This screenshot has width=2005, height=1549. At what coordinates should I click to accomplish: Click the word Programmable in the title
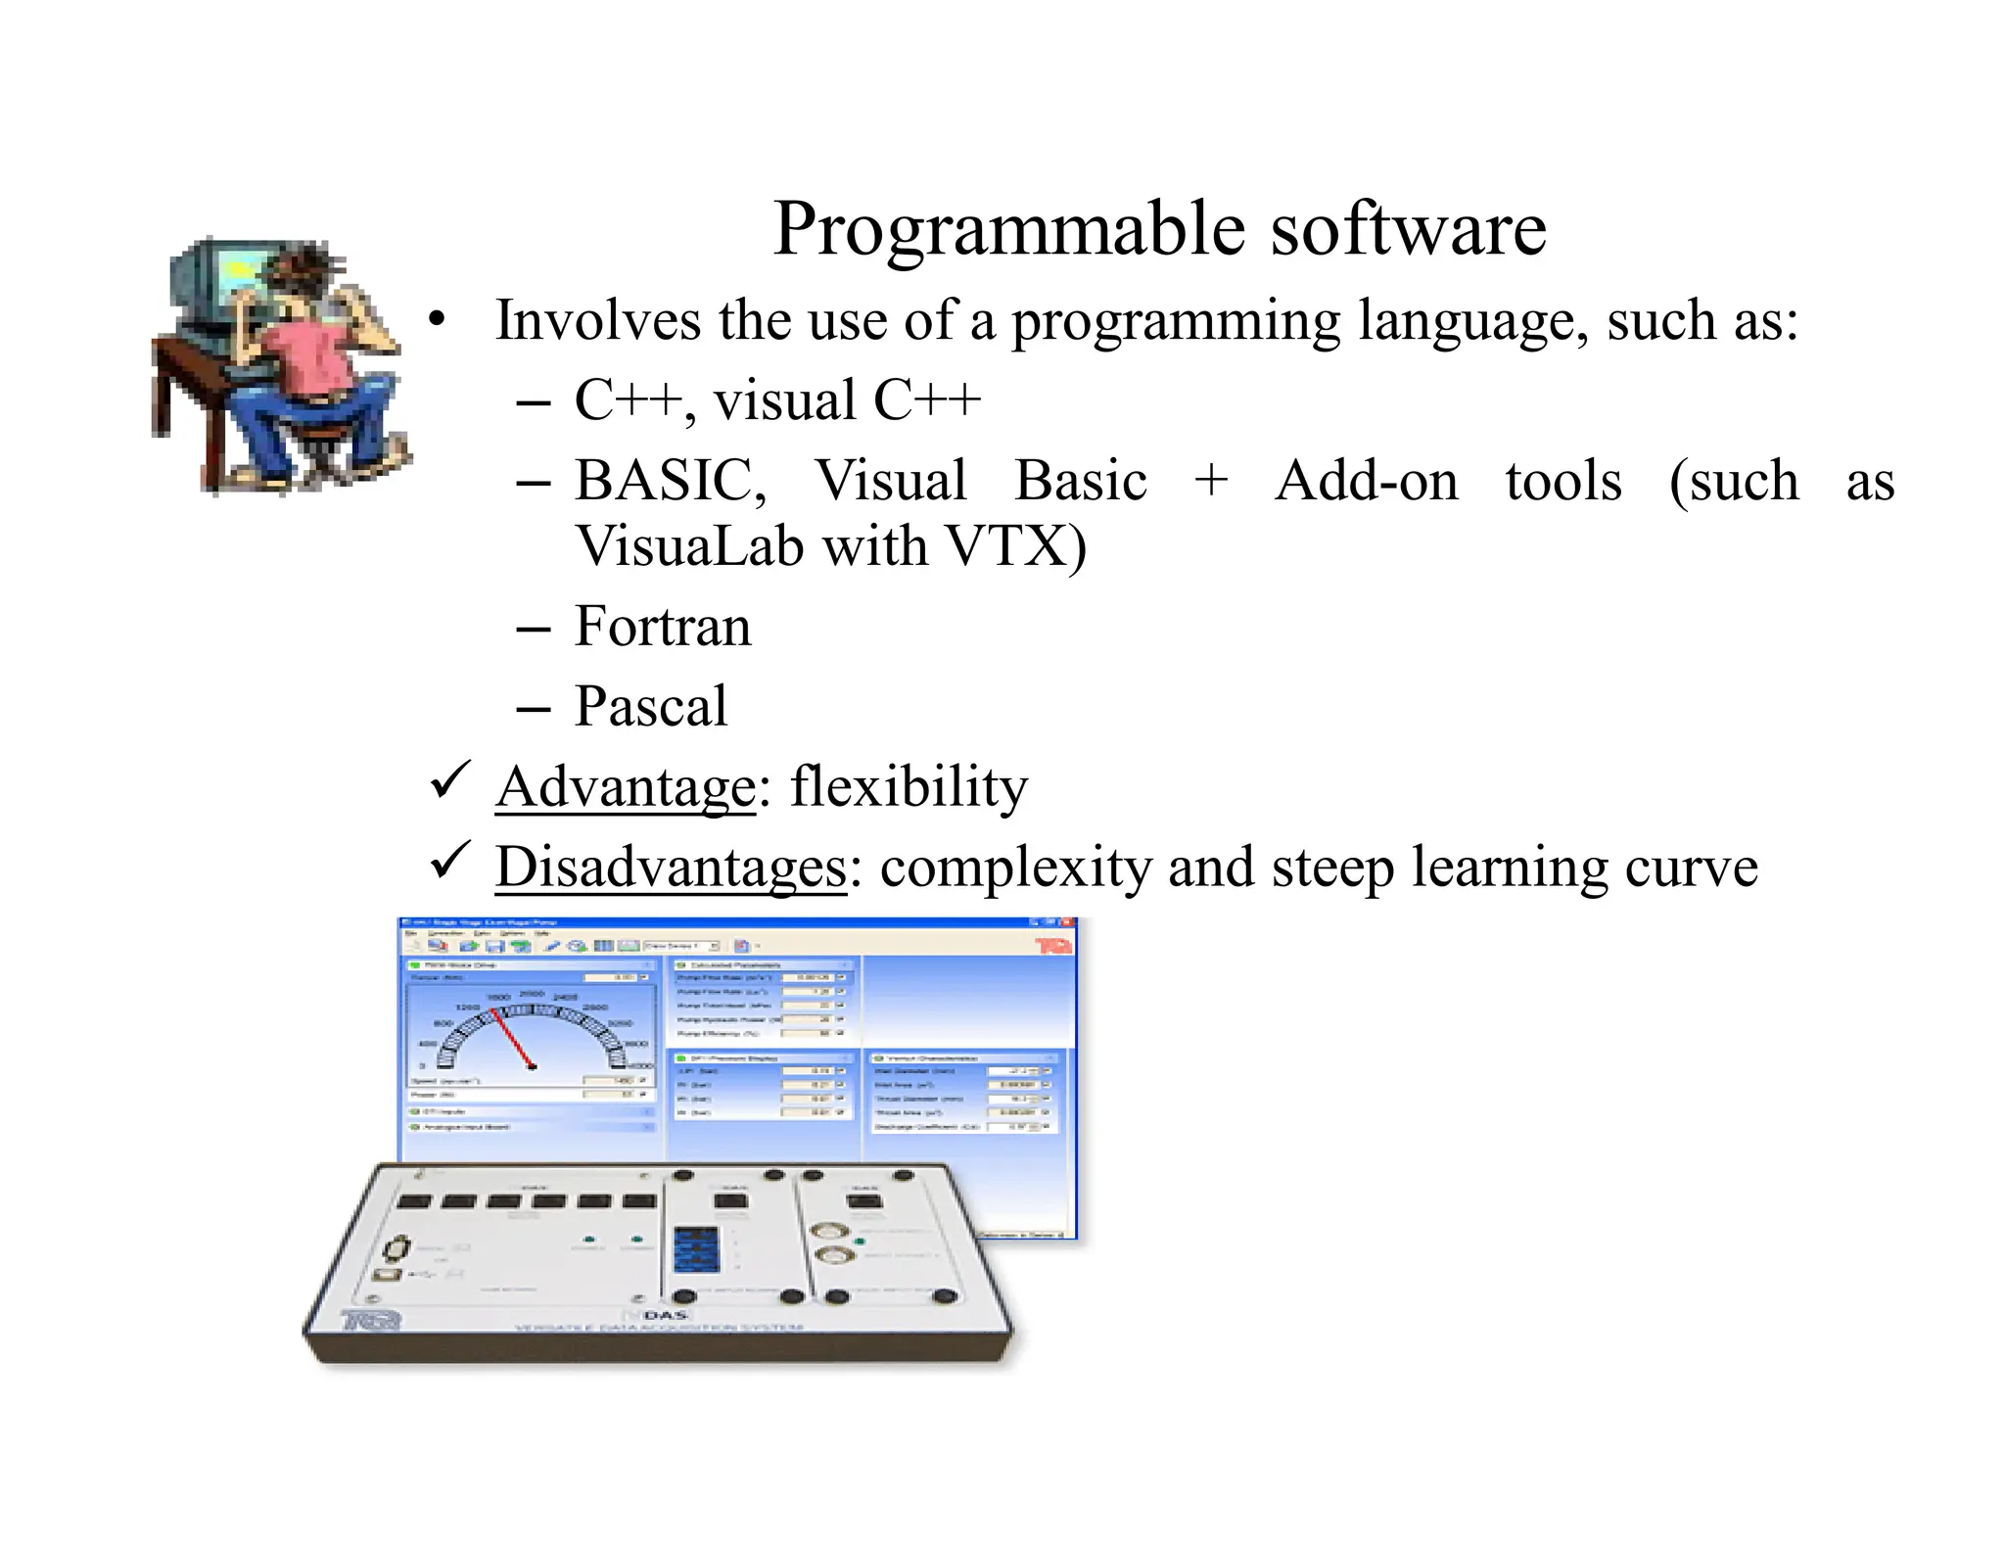point(1008,230)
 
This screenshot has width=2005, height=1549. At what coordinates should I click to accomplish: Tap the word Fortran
point(662,627)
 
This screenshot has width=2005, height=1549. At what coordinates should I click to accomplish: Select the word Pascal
point(650,707)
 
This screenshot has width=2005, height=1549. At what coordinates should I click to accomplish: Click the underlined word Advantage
point(626,787)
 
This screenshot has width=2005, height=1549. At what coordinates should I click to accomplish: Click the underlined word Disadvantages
point(671,868)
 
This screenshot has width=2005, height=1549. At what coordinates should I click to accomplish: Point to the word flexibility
point(909,787)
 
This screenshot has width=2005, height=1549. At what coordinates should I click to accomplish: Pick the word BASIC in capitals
point(668,482)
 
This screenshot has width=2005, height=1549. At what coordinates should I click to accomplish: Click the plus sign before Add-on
point(1211,482)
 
